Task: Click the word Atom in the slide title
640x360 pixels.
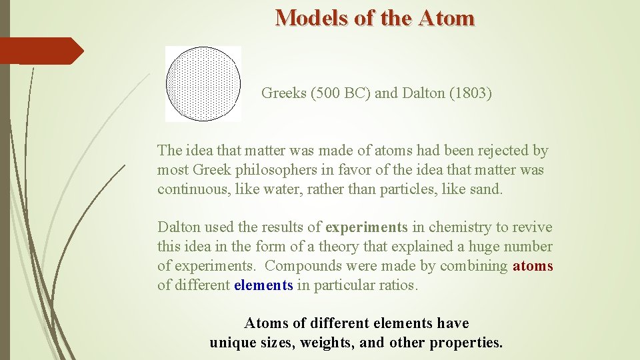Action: click(x=447, y=17)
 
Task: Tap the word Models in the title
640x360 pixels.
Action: click(x=312, y=17)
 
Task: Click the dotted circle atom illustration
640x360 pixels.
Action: click(x=203, y=84)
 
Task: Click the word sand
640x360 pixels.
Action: click(x=488, y=189)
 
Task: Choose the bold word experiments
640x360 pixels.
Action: click(x=366, y=227)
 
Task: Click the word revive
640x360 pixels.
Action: click(x=531, y=227)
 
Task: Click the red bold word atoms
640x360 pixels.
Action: click(x=533, y=266)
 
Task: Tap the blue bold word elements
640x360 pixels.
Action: click(x=263, y=285)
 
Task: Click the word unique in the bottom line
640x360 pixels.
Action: click(x=231, y=343)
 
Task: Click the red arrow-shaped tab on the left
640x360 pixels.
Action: click(x=40, y=51)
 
